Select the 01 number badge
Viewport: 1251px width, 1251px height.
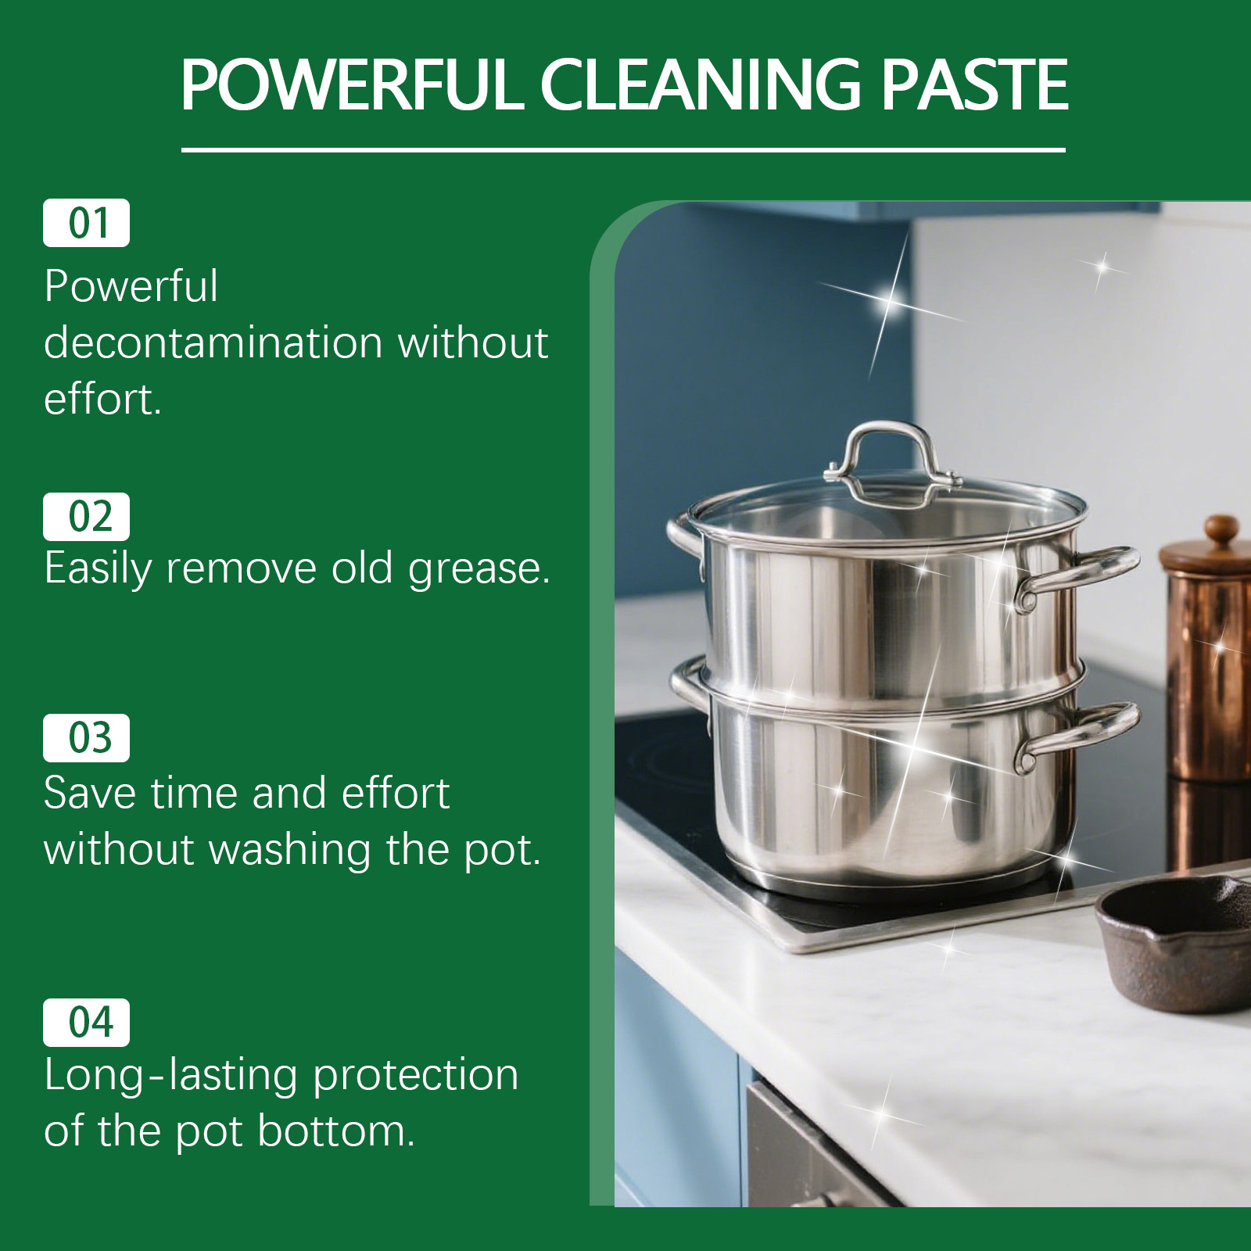[86, 223]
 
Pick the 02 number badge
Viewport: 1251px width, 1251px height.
[86, 517]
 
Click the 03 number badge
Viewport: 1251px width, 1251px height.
[86, 738]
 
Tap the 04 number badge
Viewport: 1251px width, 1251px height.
[86, 1023]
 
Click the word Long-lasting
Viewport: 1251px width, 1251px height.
[171, 1076]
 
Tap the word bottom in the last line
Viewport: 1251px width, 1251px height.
[335, 1131]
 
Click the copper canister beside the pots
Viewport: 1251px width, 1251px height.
[1208, 657]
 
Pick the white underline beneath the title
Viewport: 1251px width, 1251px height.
[623, 149]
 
